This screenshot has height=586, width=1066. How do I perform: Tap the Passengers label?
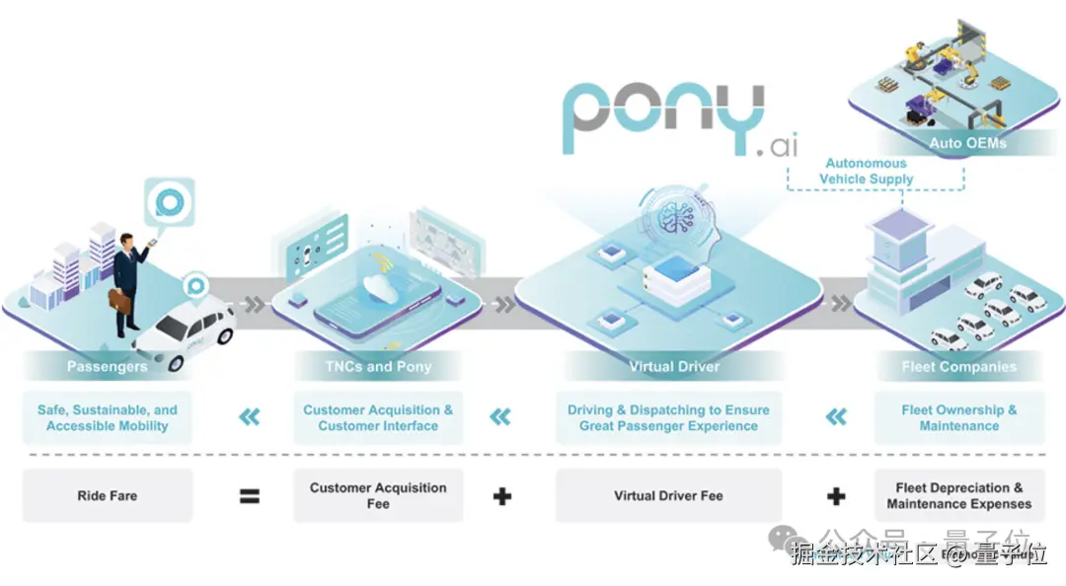click(x=107, y=367)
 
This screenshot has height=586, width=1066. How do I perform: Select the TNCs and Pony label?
click(x=378, y=367)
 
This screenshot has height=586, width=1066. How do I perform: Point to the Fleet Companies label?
click(x=958, y=367)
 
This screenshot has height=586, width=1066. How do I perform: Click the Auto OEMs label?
click(x=967, y=143)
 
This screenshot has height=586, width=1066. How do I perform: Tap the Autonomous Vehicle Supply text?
click(x=866, y=171)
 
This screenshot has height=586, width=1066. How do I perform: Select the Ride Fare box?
click(x=107, y=495)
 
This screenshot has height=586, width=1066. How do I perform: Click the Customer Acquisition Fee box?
click(x=378, y=495)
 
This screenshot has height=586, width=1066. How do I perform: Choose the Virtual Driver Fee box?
click(x=668, y=495)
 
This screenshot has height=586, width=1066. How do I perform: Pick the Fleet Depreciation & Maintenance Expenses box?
click(x=958, y=495)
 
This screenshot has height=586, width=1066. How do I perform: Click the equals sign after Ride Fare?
click(x=250, y=495)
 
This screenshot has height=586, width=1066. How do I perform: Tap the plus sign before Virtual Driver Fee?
click(x=502, y=495)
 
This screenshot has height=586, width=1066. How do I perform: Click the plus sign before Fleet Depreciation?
click(x=835, y=495)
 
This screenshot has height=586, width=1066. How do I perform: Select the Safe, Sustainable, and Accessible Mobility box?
click(x=107, y=418)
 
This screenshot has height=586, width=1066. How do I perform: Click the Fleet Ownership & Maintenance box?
click(x=958, y=418)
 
